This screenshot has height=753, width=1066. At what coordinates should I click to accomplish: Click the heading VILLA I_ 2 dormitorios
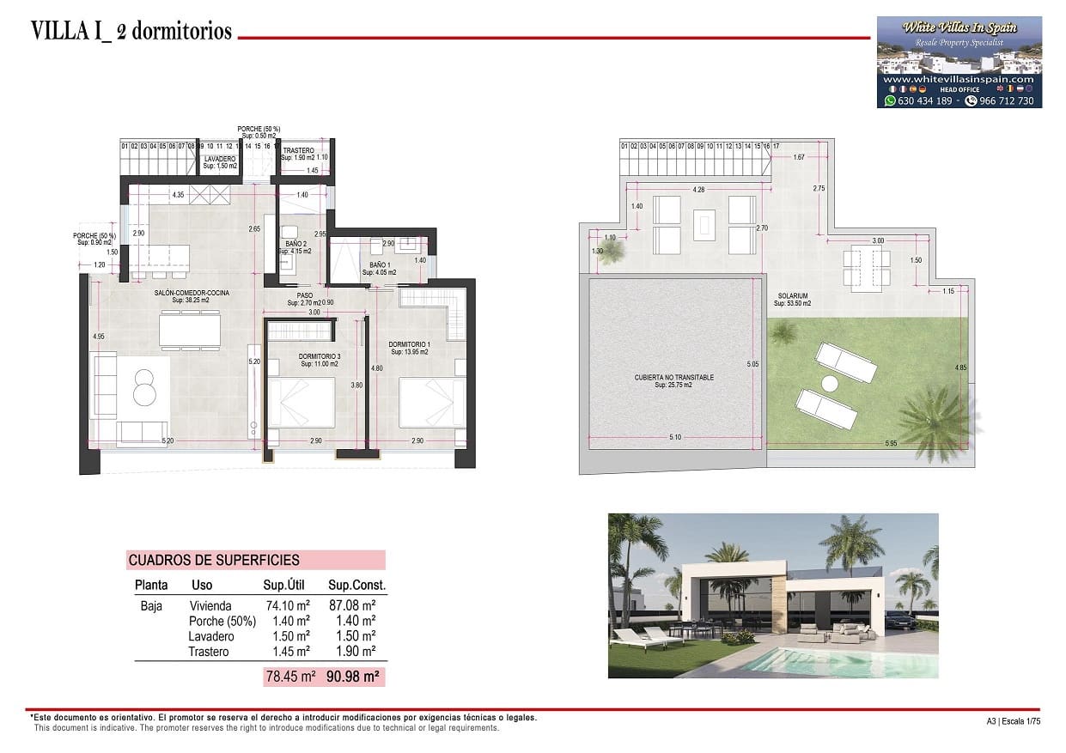coord(131,32)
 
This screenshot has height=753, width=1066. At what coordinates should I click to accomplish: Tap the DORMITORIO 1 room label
coord(410,344)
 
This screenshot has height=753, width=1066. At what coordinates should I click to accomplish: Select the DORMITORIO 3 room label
coord(319,356)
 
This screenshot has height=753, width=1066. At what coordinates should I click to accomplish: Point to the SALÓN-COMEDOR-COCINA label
coord(192,293)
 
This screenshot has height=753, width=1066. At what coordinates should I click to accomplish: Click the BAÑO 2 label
coord(295,245)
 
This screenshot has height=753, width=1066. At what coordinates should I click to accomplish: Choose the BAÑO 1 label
coord(379,265)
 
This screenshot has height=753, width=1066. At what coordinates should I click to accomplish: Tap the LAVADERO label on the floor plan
coord(220,160)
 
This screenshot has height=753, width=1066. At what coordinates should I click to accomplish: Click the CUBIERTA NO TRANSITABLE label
coord(674,377)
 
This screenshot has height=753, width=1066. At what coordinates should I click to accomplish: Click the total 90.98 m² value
coord(353,677)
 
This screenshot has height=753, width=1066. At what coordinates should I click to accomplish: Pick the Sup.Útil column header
coord(285,586)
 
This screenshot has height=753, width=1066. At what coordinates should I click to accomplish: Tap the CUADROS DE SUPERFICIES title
coord(214,561)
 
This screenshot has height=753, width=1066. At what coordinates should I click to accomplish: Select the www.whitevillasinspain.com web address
coord(959,79)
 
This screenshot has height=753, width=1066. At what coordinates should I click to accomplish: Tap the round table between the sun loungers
coord(829,384)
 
